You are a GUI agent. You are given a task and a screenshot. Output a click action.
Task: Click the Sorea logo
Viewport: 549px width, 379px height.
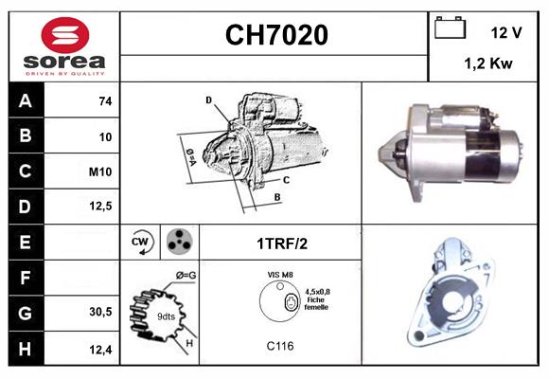(x=64, y=47)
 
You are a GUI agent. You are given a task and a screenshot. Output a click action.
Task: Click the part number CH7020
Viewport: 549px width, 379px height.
(x=275, y=35)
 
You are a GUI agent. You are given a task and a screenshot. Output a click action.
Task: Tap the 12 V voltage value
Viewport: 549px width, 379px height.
(x=506, y=32)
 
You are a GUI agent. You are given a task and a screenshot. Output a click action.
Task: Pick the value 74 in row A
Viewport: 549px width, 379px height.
(x=104, y=101)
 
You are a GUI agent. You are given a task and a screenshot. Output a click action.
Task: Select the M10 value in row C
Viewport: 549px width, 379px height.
(x=101, y=171)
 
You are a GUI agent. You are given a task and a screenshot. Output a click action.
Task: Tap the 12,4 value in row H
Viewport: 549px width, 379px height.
(x=101, y=348)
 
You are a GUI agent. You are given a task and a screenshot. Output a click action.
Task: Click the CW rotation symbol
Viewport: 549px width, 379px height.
(x=140, y=242)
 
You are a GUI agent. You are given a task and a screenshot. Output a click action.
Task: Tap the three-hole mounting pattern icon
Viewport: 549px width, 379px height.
(x=178, y=242)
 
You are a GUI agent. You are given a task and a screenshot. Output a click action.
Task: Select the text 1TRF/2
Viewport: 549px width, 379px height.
(x=281, y=243)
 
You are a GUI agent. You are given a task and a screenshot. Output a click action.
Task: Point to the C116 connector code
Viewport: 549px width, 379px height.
(x=281, y=346)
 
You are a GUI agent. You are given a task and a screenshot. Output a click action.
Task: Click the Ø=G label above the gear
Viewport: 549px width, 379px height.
(x=186, y=275)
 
